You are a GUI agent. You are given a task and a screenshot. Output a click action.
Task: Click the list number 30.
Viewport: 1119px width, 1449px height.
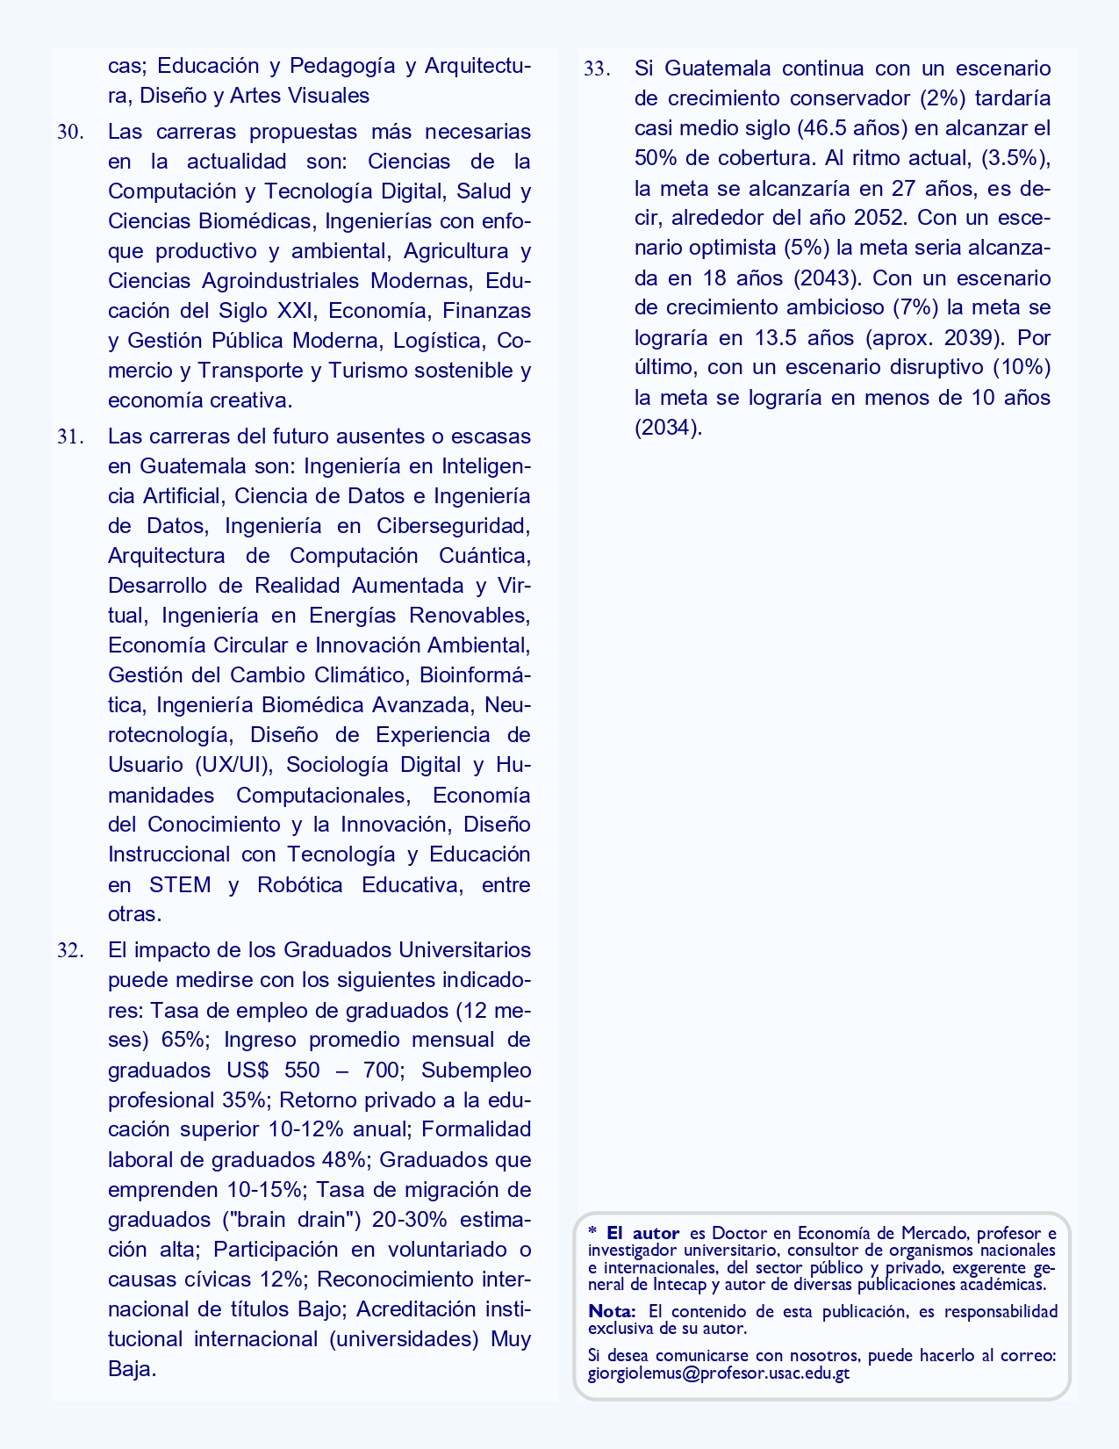(x=70, y=133)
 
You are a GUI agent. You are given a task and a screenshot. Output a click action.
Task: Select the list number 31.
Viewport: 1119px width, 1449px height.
(x=70, y=437)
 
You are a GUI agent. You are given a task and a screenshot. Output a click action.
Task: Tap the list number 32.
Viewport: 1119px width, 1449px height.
(x=70, y=951)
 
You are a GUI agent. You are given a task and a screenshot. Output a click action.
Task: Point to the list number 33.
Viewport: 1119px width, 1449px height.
(x=597, y=69)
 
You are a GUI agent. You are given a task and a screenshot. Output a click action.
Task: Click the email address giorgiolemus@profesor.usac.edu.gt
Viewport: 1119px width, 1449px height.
(x=718, y=1373)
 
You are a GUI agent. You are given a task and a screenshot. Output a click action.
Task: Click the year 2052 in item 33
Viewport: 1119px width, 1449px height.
(x=879, y=218)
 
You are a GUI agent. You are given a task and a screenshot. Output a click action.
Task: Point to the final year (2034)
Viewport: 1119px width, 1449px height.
(x=668, y=428)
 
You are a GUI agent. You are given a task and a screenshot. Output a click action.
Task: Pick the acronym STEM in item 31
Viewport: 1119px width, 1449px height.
(x=180, y=884)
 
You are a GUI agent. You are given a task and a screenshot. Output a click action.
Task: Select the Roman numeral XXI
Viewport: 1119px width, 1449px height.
(x=298, y=311)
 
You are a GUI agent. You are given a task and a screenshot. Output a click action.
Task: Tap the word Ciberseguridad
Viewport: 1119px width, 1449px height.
(x=453, y=526)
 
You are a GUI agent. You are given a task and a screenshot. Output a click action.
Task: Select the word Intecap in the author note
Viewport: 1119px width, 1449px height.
(x=681, y=1284)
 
